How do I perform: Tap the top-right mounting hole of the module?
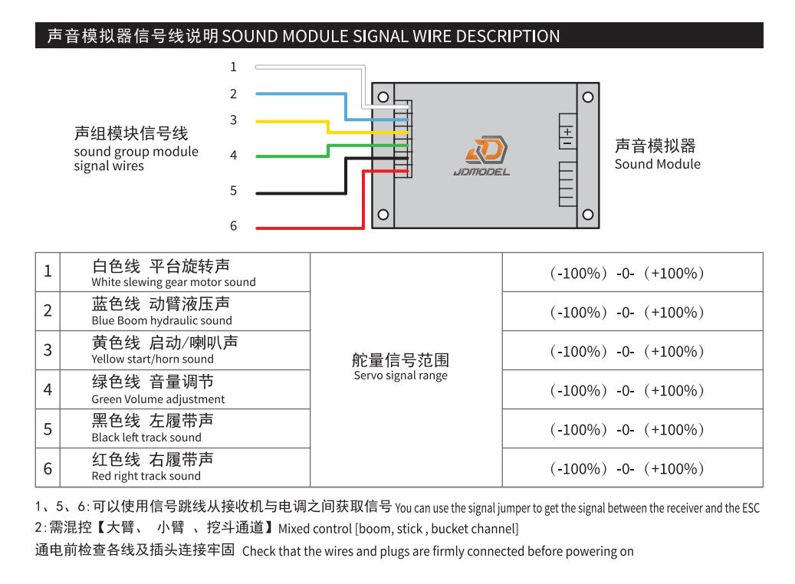(588, 97)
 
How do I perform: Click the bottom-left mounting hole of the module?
(383, 215)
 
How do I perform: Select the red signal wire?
(307, 228)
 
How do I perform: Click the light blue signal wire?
(299, 94)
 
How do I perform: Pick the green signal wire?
(291, 156)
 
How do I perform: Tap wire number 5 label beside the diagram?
(234, 191)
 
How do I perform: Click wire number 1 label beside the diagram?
(234, 67)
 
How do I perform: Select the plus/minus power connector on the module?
(567, 132)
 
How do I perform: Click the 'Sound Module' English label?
(657, 164)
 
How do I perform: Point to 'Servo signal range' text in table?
(400, 376)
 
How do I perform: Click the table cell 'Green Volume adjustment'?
(185, 389)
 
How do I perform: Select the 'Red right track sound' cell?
(185, 468)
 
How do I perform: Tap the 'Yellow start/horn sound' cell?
(185, 350)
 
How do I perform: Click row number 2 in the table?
(48, 310)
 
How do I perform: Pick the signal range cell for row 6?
(632, 468)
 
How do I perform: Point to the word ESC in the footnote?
(751, 508)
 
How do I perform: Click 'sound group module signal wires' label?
(136, 159)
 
